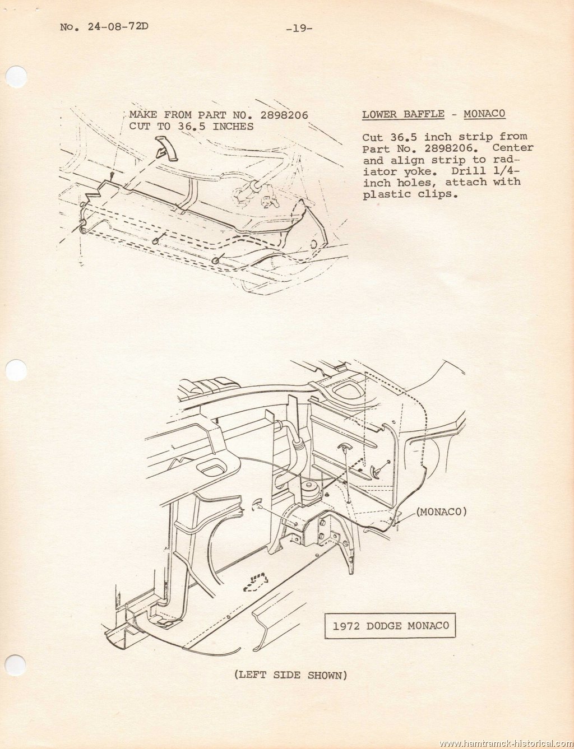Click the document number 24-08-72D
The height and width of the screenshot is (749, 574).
pos(118,26)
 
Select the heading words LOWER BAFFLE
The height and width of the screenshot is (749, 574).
pos(404,114)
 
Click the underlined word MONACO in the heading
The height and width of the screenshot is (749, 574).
pos(484,114)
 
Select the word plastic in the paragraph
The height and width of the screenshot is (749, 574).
pos(386,194)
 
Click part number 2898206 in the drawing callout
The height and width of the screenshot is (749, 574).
pos(284,115)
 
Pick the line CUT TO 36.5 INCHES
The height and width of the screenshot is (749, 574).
pos(191,127)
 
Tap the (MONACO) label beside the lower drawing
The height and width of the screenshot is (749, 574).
pos(441,511)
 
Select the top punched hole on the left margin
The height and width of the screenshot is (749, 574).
pos(16,77)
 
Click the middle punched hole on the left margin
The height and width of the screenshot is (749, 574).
pos(16,370)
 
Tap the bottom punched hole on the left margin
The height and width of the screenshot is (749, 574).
pos(16,665)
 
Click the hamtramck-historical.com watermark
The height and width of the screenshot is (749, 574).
pos(506,743)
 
